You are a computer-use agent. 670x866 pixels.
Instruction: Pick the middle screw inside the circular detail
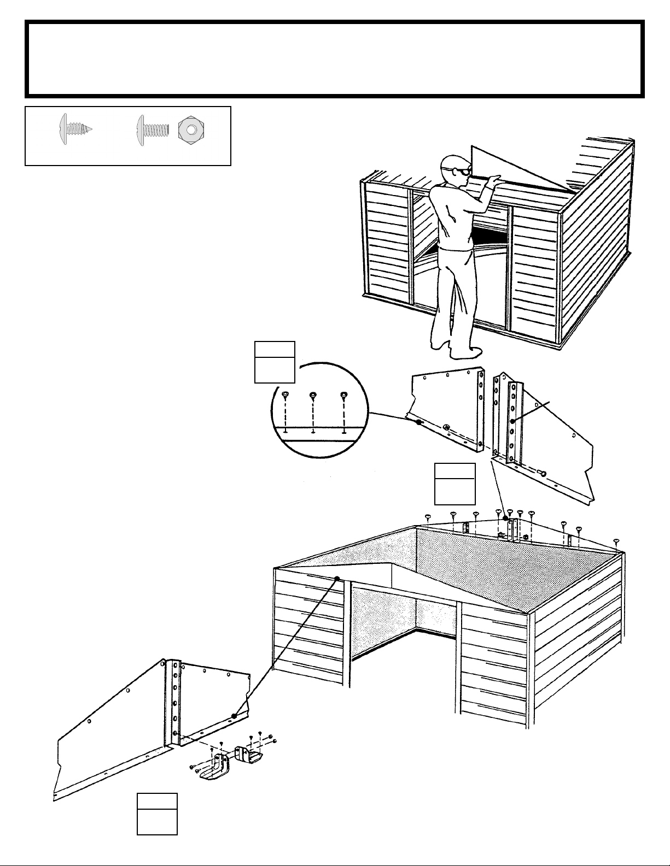313,394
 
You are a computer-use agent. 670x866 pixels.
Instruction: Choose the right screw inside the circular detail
343,394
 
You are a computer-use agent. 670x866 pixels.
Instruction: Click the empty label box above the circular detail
275,362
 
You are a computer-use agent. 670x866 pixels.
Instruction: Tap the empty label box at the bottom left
157,814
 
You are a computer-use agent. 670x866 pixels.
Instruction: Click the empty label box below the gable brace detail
455,484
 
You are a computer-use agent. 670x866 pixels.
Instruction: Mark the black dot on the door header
337,578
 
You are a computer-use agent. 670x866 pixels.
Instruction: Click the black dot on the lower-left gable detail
234,716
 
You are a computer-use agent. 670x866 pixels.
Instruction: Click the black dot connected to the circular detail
418,422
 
